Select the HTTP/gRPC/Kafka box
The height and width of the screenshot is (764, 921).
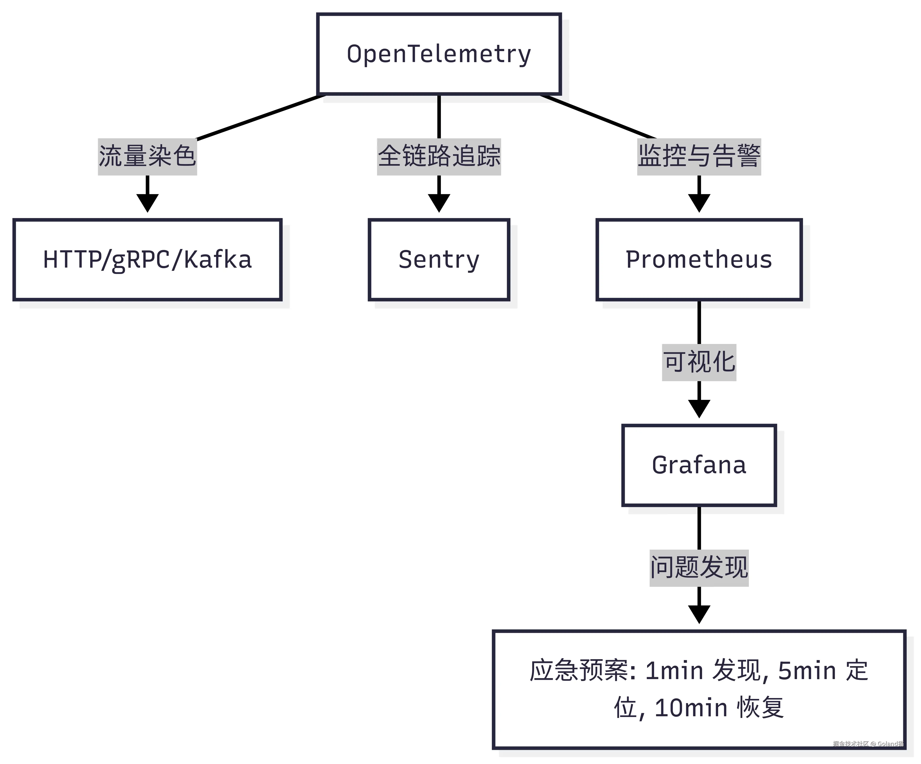tap(147, 260)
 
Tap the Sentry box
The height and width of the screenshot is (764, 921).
tap(439, 260)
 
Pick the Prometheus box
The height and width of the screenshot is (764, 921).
tap(699, 260)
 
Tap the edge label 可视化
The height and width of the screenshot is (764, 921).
tap(699, 362)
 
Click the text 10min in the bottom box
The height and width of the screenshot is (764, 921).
tap(691, 708)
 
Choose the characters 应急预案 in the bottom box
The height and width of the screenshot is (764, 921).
tap(579, 671)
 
